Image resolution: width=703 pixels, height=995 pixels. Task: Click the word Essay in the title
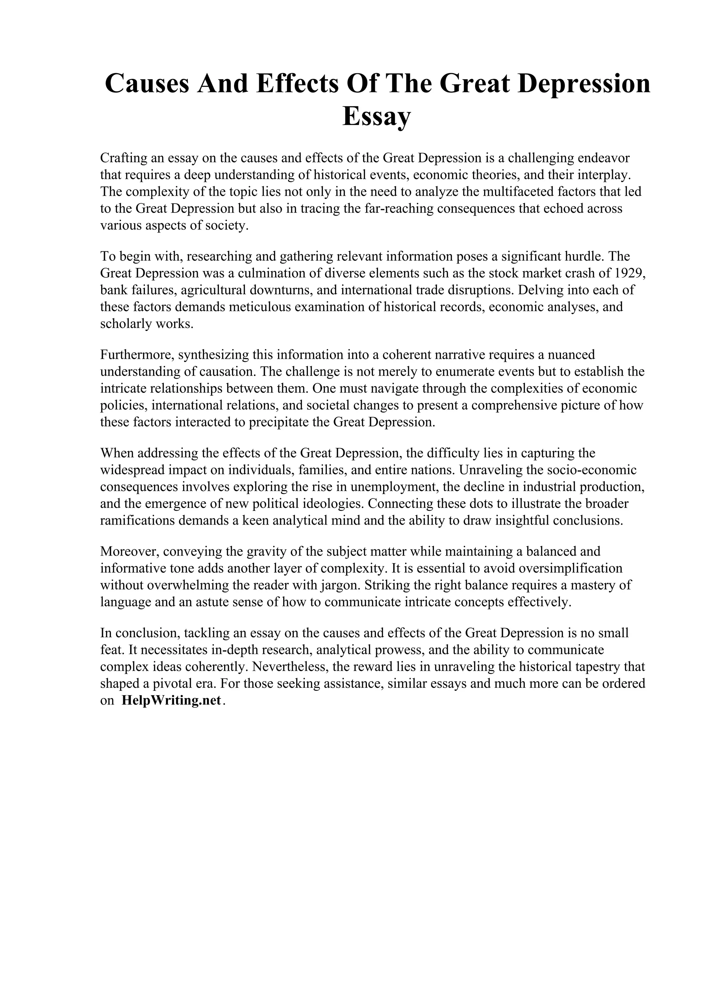click(x=376, y=117)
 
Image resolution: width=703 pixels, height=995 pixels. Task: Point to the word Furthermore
click(x=137, y=354)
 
